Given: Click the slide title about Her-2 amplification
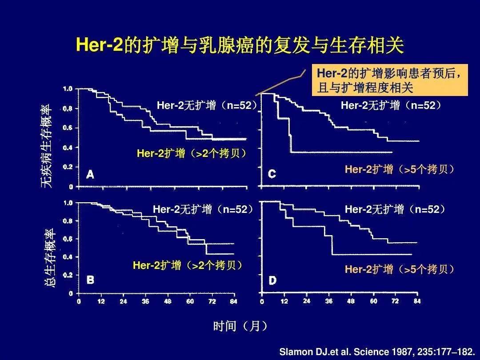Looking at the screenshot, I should click(x=240, y=46).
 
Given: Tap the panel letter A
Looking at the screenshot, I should click(x=90, y=175).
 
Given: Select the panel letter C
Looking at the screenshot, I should click(x=272, y=174).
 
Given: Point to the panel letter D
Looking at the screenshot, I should click(x=272, y=280).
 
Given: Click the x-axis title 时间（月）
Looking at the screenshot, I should click(x=240, y=327).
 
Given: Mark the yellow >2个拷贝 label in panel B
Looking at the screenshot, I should click(x=188, y=266).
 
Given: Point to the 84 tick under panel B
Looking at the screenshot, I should click(x=234, y=302).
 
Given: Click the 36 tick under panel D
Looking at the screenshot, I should click(x=329, y=301).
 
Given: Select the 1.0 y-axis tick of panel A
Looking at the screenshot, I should click(x=68, y=89).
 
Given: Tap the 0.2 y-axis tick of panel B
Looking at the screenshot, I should click(x=68, y=275).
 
